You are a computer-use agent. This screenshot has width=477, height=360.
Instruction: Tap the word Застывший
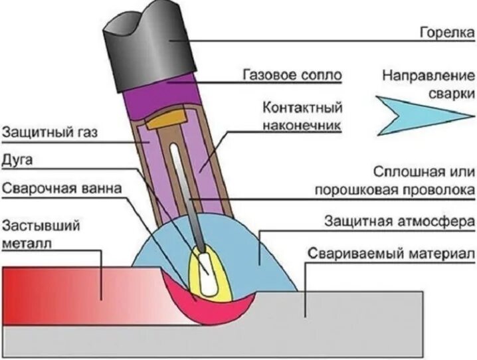pos(41,225)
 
